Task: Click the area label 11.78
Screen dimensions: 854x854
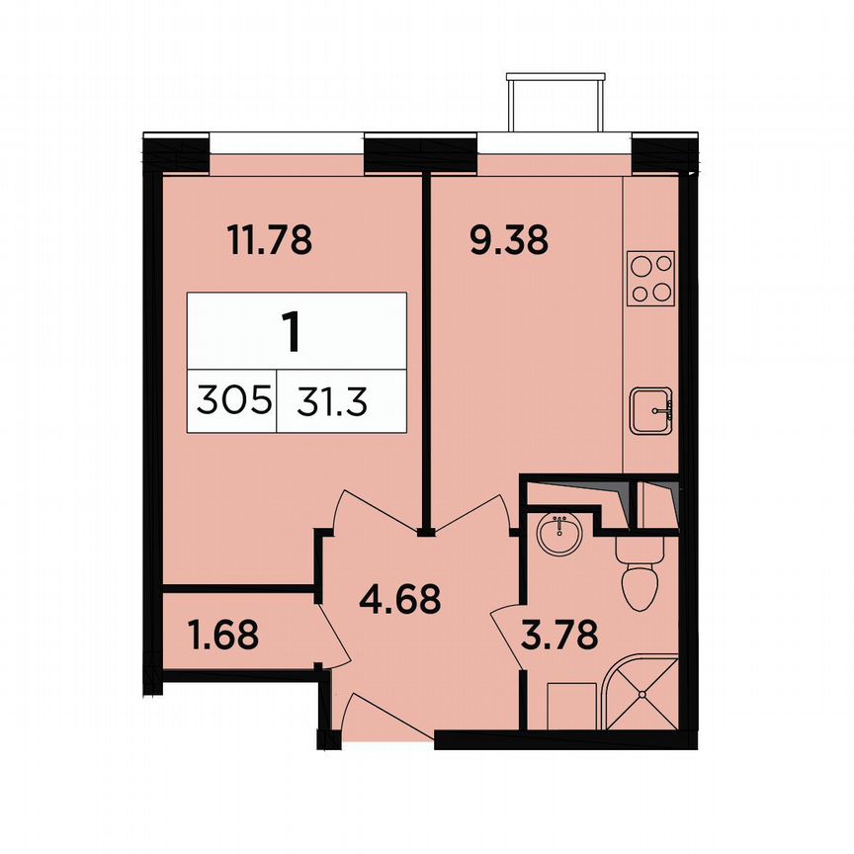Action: coord(270,240)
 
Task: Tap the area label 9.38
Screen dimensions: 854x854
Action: coord(508,240)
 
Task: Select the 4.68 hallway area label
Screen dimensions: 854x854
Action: coord(398,599)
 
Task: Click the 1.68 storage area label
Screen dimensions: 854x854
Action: coord(222,635)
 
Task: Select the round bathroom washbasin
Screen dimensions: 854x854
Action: coord(559,535)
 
